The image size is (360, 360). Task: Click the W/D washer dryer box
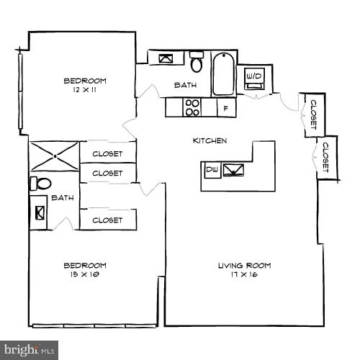(x=255, y=76)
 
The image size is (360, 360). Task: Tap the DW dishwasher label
(x=212, y=170)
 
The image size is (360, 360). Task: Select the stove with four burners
(x=192, y=107)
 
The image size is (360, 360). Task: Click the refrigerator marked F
(x=226, y=108)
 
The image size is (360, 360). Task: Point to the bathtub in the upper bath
(x=224, y=73)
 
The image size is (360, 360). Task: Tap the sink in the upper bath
(x=166, y=58)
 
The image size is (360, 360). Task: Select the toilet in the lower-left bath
(x=40, y=184)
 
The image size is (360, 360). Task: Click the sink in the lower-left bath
(x=39, y=213)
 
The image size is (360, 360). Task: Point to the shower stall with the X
(x=54, y=156)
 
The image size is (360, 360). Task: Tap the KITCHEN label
(x=210, y=140)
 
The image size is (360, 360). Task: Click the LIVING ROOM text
(x=244, y=266)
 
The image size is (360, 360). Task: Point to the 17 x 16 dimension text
(x=244, y=275)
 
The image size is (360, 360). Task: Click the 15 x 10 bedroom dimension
(x=85, y=274)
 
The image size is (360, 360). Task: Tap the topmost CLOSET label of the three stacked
(x=107, y=153)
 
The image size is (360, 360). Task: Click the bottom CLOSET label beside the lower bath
(x=107, y=220)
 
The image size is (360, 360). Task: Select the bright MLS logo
(x=29, y=351)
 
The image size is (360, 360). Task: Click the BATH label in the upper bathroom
(x=185, y=86)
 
